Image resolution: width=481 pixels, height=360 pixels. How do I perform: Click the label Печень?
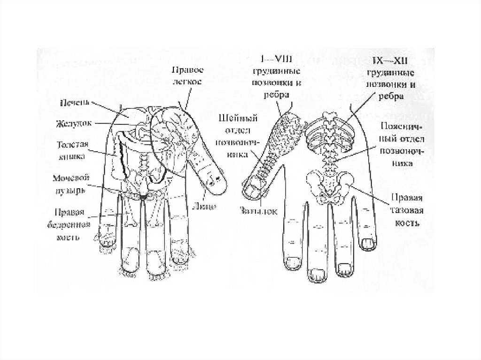click(75, 102)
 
